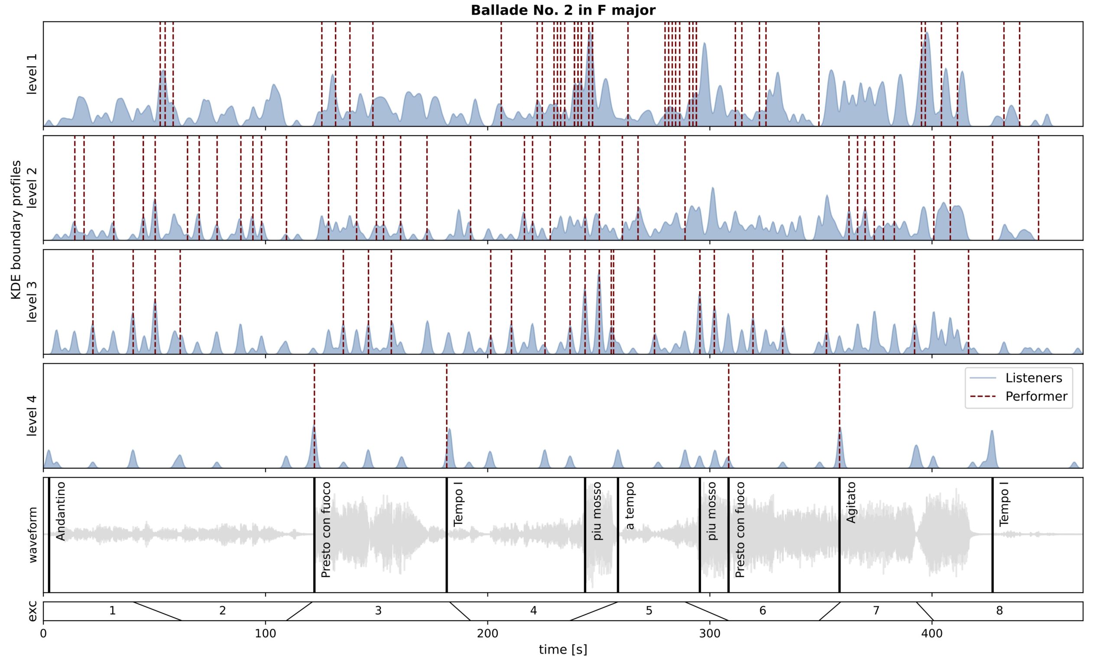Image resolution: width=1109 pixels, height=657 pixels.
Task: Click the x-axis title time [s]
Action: tap(563, 650)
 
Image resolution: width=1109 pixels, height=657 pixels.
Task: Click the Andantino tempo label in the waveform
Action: tap(61, 511)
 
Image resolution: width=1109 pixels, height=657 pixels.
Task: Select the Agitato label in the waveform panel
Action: tap(851, 502)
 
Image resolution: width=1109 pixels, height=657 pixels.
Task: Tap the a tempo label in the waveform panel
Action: tap(630, 505)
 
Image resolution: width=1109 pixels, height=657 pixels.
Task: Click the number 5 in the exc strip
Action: tap(649, 611)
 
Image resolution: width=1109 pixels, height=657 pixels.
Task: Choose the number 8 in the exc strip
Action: tap(999, 611)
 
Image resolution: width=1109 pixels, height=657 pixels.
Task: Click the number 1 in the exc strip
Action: tap(113, 611)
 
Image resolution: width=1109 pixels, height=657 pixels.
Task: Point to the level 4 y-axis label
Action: tap(32, 416)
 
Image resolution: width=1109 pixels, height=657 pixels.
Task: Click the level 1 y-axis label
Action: tap(32, 74)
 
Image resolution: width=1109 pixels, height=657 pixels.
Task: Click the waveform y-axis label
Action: tap(32, 535)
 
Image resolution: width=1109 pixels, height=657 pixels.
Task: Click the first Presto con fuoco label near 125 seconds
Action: tap(326, 530)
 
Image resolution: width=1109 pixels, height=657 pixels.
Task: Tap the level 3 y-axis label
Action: tap(32, 302)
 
